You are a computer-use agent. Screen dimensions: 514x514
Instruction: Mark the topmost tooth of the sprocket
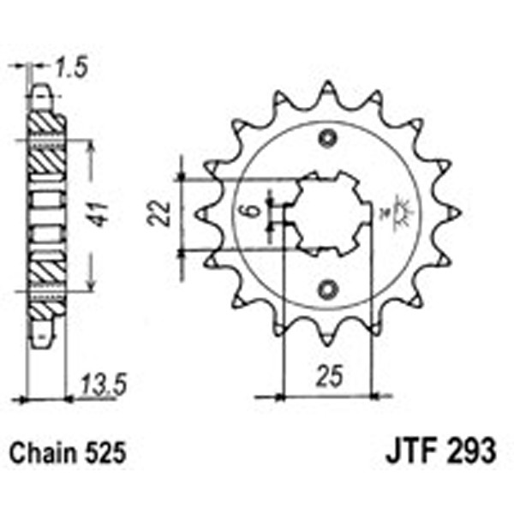(x=327, y=89)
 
